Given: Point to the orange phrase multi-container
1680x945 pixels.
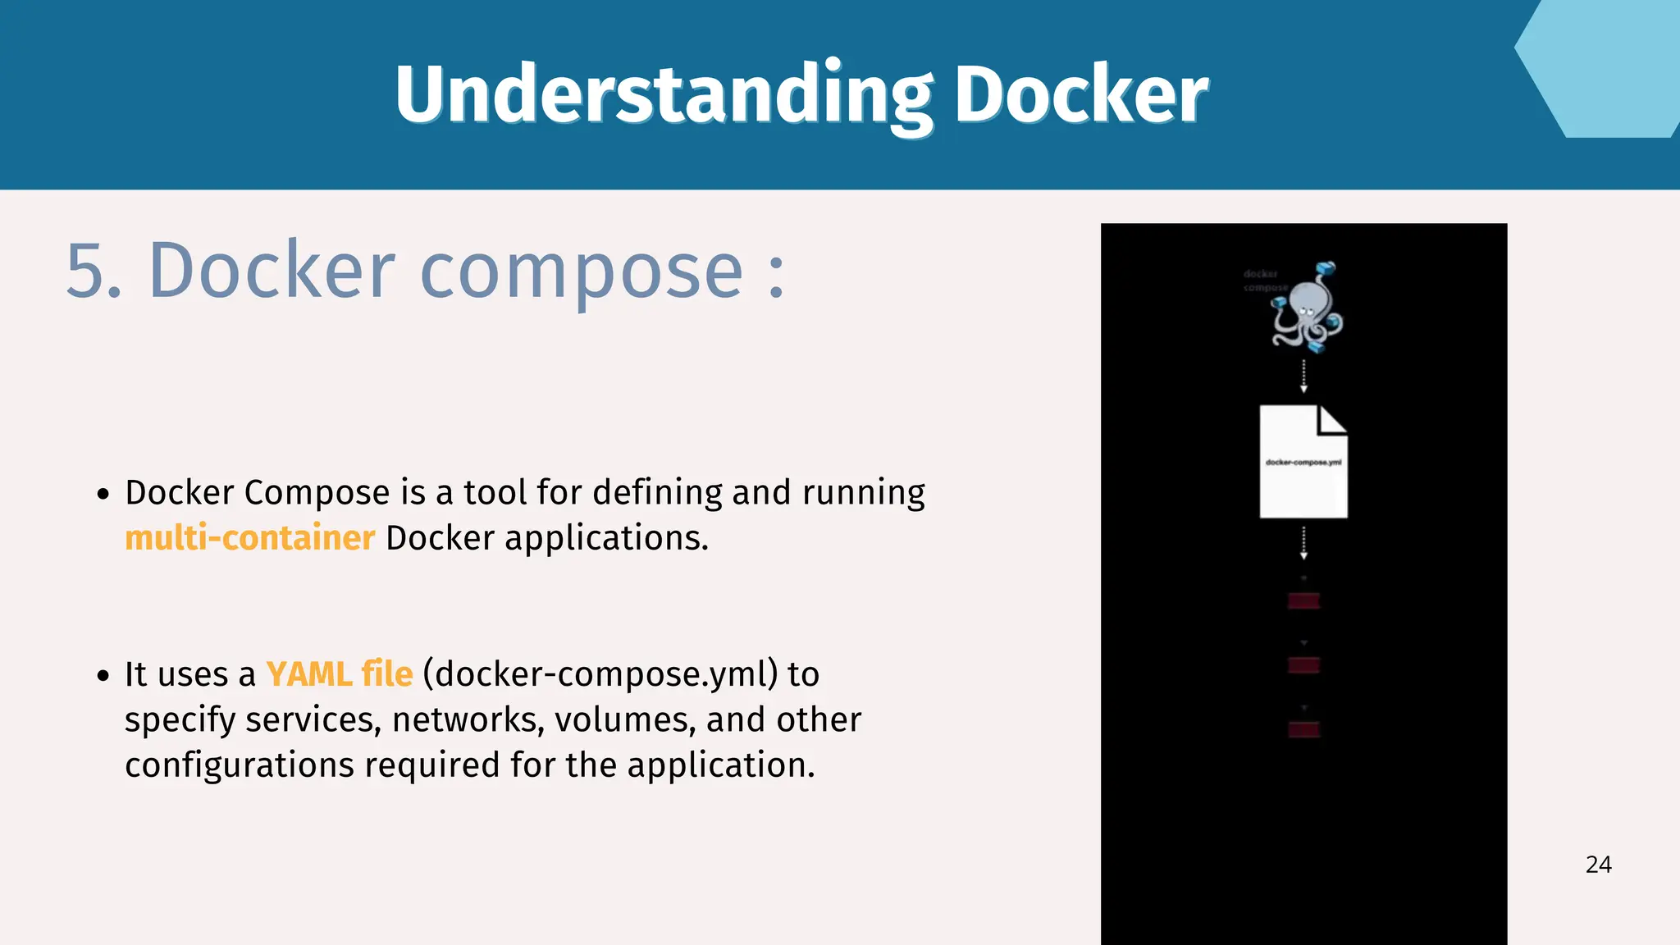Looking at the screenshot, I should tap(249, 538).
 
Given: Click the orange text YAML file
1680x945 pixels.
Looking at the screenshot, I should tap(339, 674).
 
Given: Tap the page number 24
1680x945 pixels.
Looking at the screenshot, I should tap(1598, 865).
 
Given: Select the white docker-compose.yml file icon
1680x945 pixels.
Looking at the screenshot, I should tap(1303, 462).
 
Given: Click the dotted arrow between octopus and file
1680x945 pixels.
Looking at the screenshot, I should tap(1303, 376).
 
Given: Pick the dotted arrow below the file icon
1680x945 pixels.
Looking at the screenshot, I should tap(1303, 543).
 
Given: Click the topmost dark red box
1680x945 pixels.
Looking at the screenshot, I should tap(1303, 601).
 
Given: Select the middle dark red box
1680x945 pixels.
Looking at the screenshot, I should tap(1303, 665).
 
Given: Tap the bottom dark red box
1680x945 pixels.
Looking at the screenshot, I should tap(1303, 729).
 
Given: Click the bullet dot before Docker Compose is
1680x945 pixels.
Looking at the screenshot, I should tap(103, 494).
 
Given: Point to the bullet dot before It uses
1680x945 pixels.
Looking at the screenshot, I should tap(103, 676).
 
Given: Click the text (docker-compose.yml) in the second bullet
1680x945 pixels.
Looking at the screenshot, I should tap(600, 674).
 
